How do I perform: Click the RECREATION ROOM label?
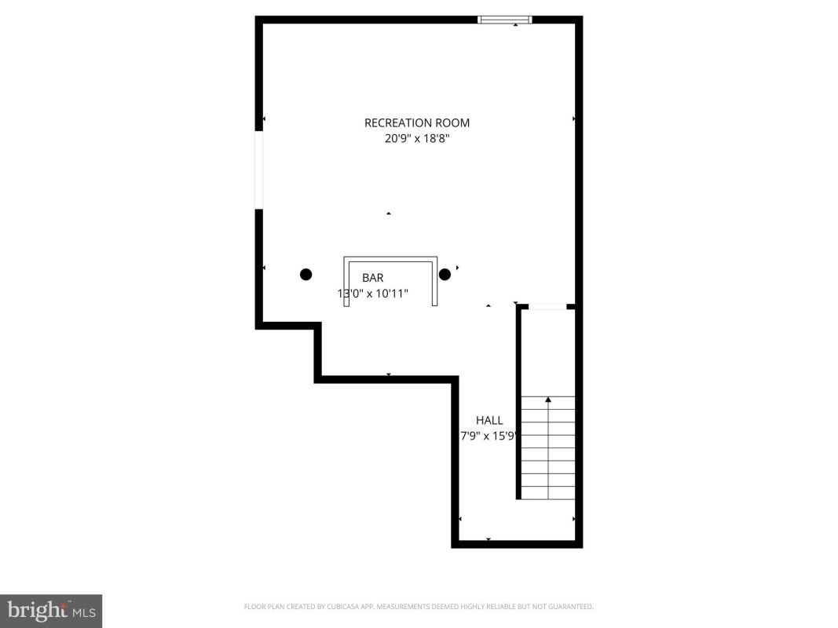click(x=417, y=122)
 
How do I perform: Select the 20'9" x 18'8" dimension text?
click(x=417, y=139)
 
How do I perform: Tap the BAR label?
click(x=372, y=278)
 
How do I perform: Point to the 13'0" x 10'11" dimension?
click(x=372, y=293)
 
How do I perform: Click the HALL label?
click(x=489, y=420)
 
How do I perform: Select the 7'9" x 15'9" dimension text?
click(x=489, y=436)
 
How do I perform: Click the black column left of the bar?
click(x=306, y=275)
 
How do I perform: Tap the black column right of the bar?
click(x=445, y=275)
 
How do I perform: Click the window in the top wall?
click(x=504, y=20)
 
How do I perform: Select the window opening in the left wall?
click(x=259, y=170)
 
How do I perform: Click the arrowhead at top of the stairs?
click(x=547, y=400)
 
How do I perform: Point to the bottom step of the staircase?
click(x=547, y=493)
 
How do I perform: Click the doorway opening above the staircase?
click(x=547, y=306)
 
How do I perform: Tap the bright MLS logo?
click(x=51, y=611)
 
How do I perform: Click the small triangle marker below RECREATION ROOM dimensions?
click(x=389, y=214)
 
